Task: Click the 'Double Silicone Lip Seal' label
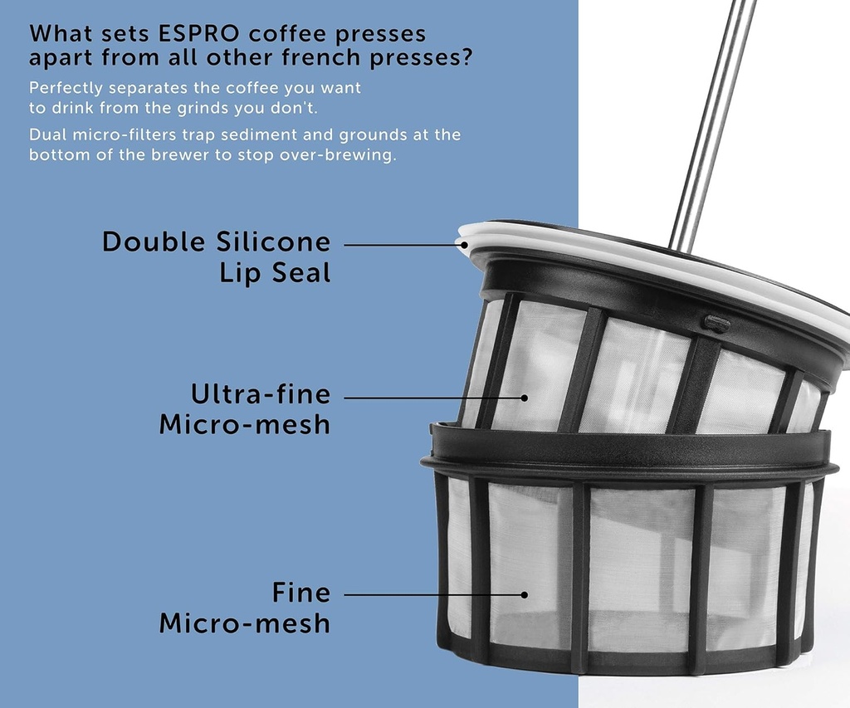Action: coord(216,257)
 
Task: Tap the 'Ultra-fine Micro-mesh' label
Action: coord(244,408)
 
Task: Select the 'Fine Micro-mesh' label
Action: coord(244,608)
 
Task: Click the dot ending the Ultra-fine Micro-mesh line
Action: coord(524,398)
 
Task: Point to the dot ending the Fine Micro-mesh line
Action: coord(524,594)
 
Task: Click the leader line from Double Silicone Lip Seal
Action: coord(398,245)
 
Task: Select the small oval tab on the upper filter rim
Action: coord(716,322)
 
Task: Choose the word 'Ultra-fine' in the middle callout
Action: coord(260,393)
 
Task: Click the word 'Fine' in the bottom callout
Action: coord(300,593)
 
